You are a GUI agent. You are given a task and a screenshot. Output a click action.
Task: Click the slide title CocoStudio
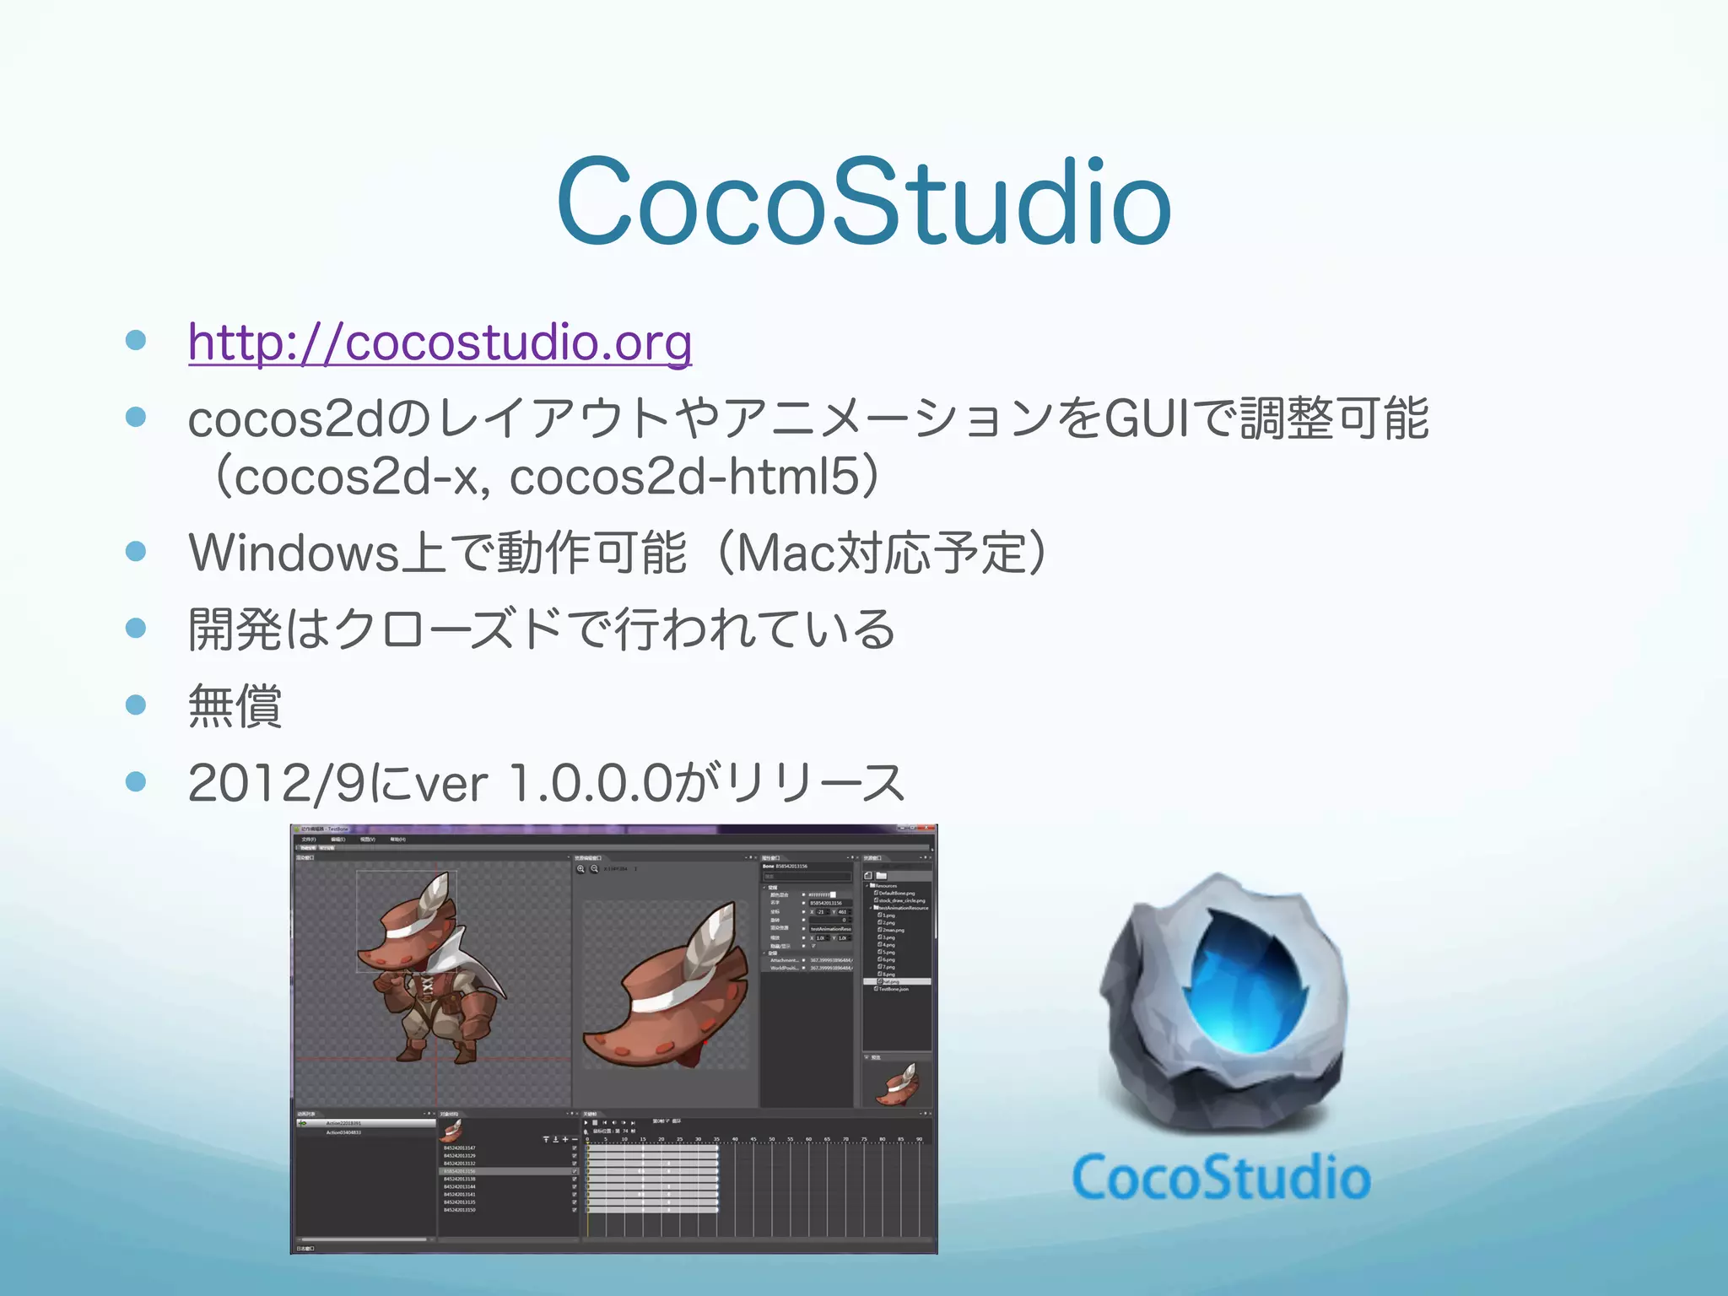click(x=863, y=202)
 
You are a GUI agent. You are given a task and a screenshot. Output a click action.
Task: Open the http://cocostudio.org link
click(x=440, y=342)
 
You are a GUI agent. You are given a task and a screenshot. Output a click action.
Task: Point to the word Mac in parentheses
click(x=785, y=553)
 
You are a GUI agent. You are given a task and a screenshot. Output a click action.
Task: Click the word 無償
click(x=235, y=705)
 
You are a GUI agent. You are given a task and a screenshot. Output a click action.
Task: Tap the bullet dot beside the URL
click(x=136, y=340)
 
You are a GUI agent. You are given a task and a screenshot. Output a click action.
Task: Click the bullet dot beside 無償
click(x=136, y=704)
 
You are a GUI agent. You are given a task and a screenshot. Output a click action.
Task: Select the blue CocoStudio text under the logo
click(x=1221, y=1178)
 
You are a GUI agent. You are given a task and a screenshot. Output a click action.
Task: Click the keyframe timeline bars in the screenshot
click(x=652, y=1177)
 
